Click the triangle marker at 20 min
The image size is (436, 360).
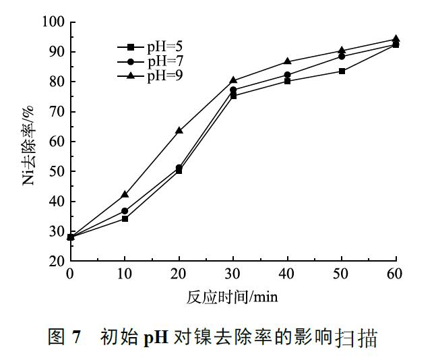pyautogui.click(x=179, y=130)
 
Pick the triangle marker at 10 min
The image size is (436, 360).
pyautogui.click(x=125, y=194)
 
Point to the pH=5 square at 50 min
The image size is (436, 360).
pyautogui.click(x=342, y=71)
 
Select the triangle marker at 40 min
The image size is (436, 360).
pyautogui.click(x=288, y=61)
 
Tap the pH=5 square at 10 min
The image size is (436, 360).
pyautogui.click(x=125, y=218)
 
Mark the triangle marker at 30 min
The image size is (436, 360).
pyautogui.click(x=233, y=80)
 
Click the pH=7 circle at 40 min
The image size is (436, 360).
pyautogui.click(x=288, y=75)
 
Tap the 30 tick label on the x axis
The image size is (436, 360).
pyautogui.click(x=233, y=274)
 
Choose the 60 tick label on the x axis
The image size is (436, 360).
pyautogui.click(x=396, y=274)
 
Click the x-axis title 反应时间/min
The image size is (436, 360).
pyautogui.click(x=232, y=296)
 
